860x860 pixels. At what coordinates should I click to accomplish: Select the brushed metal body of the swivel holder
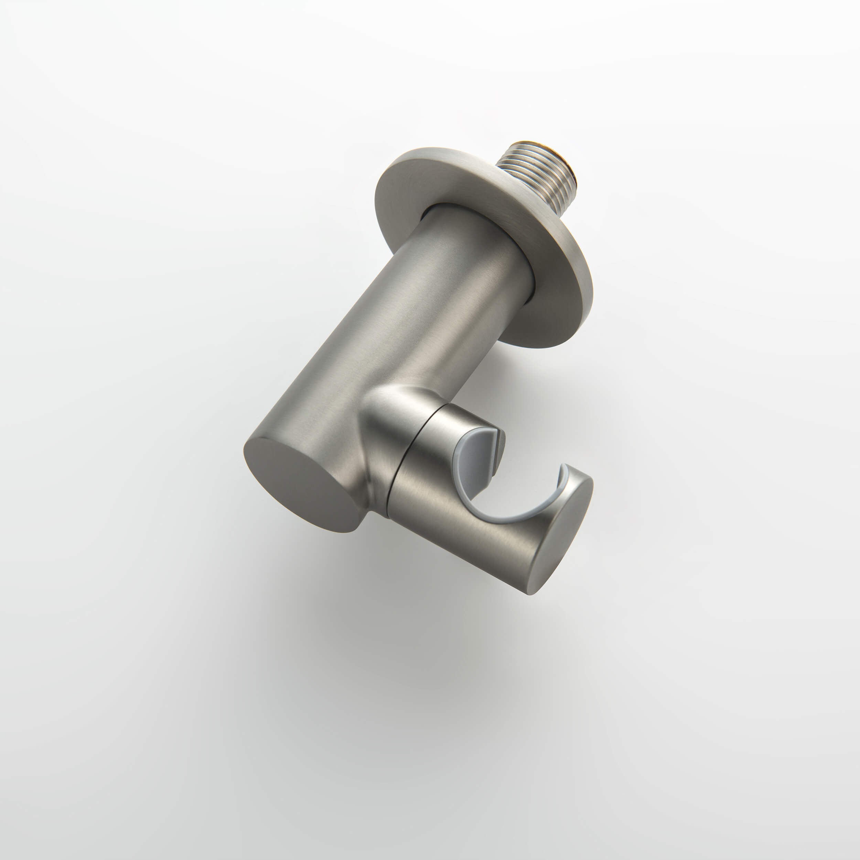click(459, 525)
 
